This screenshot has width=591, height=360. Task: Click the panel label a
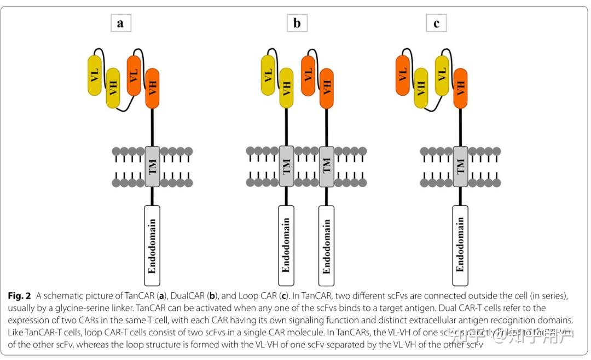pyautogui.click(x=120, y=23)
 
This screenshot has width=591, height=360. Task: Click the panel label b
pyautogui.click(x=297, y=23)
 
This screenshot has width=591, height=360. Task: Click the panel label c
pyautogui.click(x=436, y=23)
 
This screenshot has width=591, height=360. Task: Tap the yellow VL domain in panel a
pyautogui.click(x=95, y=75)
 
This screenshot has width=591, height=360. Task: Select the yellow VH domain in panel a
pyautogui.click(x=113, y=88)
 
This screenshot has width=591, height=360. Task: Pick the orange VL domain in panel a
pyautogui.click(x=134, y=75)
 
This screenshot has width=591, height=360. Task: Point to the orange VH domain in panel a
pyautogui.click(x=152, y=88)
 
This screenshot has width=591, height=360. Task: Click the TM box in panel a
pyautogui.click(x=152, y=166)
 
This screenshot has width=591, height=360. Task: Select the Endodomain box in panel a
pyautogui.click(x=152, y=245)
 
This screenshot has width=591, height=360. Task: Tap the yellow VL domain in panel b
pyautogui.click(x=268, y=75)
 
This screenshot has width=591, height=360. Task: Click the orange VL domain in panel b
pyautogui.click(x=308, y=75)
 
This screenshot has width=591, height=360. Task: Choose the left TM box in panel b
pyautogui.click(x=286, y=166)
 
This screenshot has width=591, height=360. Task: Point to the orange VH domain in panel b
pyautogui.click(x=326, y=88)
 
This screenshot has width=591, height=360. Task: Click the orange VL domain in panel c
pyautogui.click(x=403, y=75)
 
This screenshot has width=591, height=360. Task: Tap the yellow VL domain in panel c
pyautogui.click(x=442, y=75)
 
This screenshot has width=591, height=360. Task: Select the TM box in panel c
pyautogui.click(x=460, y=166)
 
